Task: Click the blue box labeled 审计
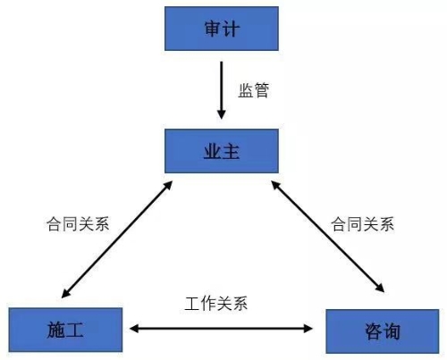coord(222,29)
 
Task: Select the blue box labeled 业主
coord(222,151)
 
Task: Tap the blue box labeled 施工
coord(65,330)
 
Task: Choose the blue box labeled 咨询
coord(383,331)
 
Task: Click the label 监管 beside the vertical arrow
coord(254,90)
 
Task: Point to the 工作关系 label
coord(216,304)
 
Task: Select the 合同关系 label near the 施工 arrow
coord(78,224)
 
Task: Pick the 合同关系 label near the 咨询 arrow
coord(362,224)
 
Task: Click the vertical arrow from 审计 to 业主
coord(221,90)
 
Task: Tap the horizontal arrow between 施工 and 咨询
coord(221,329)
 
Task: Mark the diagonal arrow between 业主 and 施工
coord(117,239)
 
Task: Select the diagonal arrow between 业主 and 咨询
coord(328,237)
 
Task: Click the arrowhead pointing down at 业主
coord(221,114)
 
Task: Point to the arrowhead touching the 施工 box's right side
coord(134,329)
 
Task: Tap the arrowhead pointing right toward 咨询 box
coord(308,329)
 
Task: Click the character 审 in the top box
coord(213,29)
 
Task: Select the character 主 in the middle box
coord(231,151)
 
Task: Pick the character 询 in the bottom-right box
coord(392,331)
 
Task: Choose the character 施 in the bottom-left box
coord(56,330)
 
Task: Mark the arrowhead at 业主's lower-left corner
coord(168,186)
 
